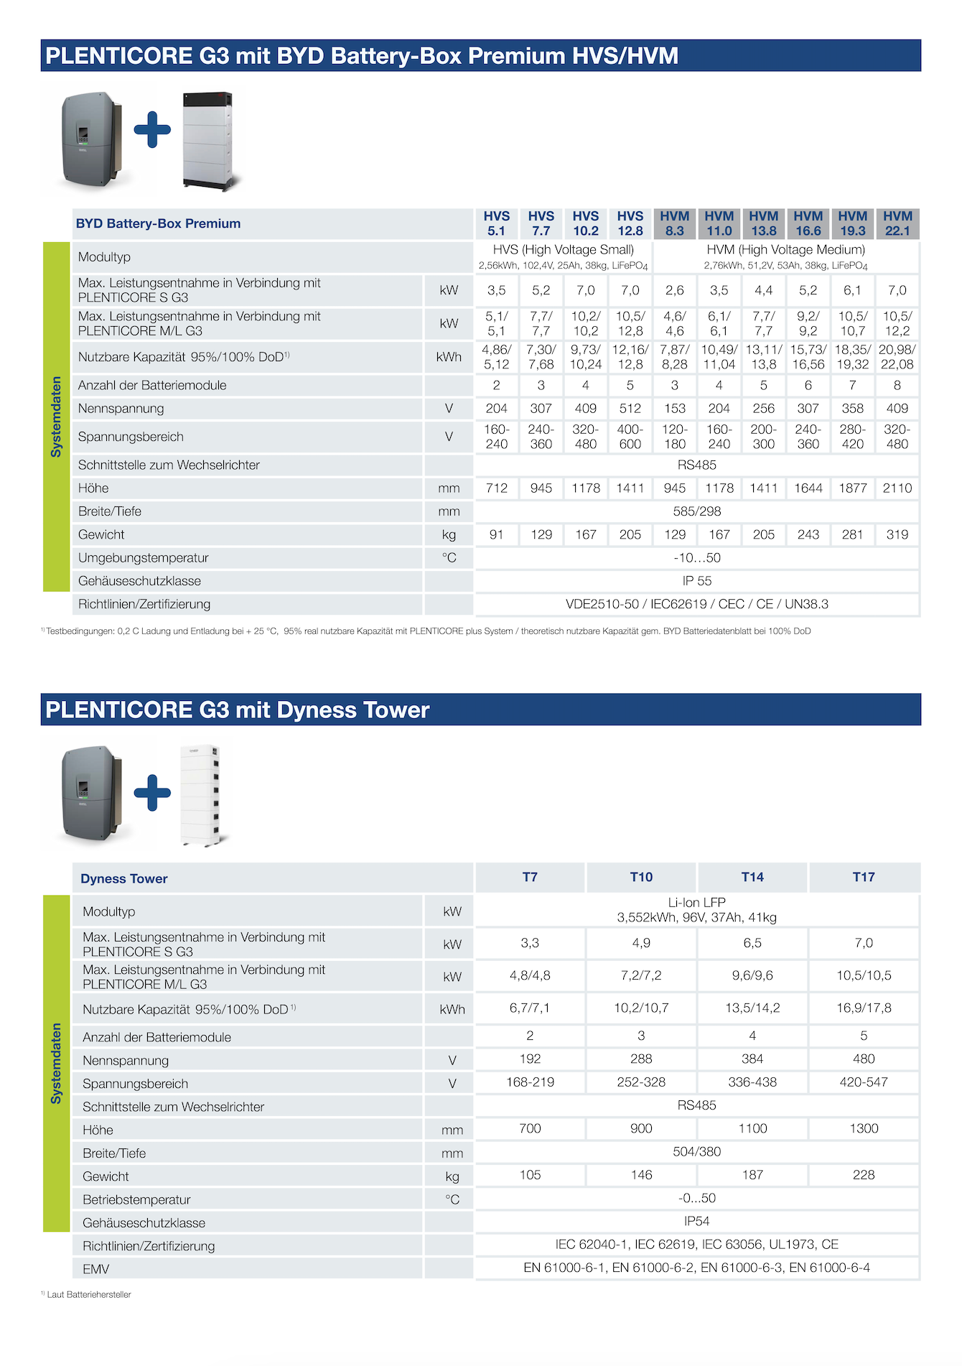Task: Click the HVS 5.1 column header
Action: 496,223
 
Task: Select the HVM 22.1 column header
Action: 897,223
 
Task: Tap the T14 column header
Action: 752,877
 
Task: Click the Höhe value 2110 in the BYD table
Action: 897,488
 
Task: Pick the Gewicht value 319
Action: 897,534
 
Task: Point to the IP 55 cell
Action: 697,581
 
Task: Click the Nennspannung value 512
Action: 630,409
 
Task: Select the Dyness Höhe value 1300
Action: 864,1128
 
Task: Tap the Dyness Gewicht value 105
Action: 530,1175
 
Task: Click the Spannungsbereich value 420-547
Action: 864,1082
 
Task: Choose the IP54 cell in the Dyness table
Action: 697,1221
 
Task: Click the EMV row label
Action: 96,1269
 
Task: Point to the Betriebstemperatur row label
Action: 136,1199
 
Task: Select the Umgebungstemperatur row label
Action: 143,558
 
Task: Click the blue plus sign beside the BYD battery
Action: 152,130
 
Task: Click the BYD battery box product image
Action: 209,140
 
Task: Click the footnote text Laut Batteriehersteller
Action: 89,1294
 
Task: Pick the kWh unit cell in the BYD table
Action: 449,357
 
